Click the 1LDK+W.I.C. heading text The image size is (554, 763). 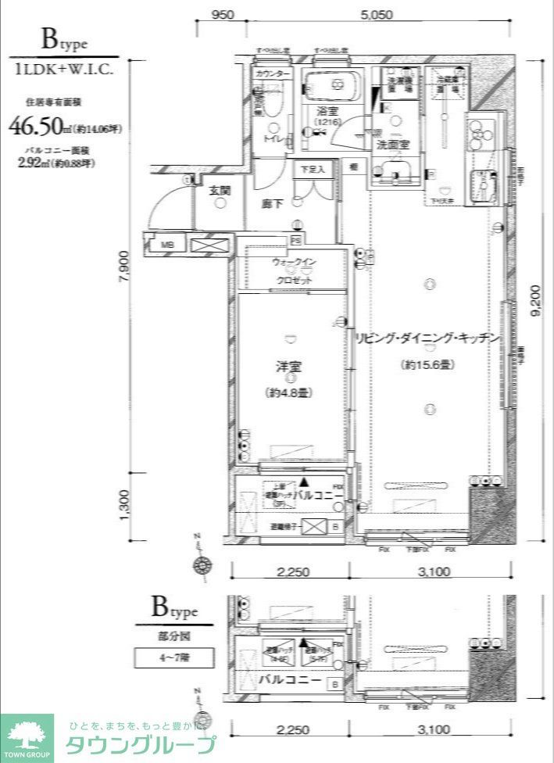click(x=64, y=69)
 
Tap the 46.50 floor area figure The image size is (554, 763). click(x=34, y=125)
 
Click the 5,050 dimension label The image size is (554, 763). click(x=377, y=15)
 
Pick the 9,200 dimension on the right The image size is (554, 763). click(x=535, y=299)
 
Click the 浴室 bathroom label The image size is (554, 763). click(x=327, y=111)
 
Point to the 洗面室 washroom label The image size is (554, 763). click(x=393, y=145)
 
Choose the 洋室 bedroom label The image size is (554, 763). click(x=289, y=365)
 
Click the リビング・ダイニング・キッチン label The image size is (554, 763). click(x=427, y=337)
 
